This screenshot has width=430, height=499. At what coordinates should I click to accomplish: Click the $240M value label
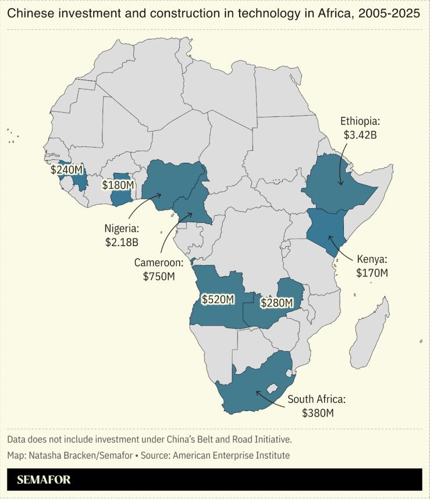[67, 170]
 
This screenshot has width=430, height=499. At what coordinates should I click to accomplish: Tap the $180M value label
[118, 185]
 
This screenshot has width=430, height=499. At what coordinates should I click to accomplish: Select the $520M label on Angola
[218, 300]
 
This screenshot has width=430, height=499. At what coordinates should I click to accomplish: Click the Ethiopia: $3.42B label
[359, 129]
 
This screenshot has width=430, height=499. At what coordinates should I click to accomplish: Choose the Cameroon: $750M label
[159, 269]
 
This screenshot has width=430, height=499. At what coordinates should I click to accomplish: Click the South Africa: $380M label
[317, 406]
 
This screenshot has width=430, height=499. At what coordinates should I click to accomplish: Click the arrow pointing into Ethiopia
[343, 166]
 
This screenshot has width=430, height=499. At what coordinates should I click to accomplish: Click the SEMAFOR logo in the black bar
[44, 480]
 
